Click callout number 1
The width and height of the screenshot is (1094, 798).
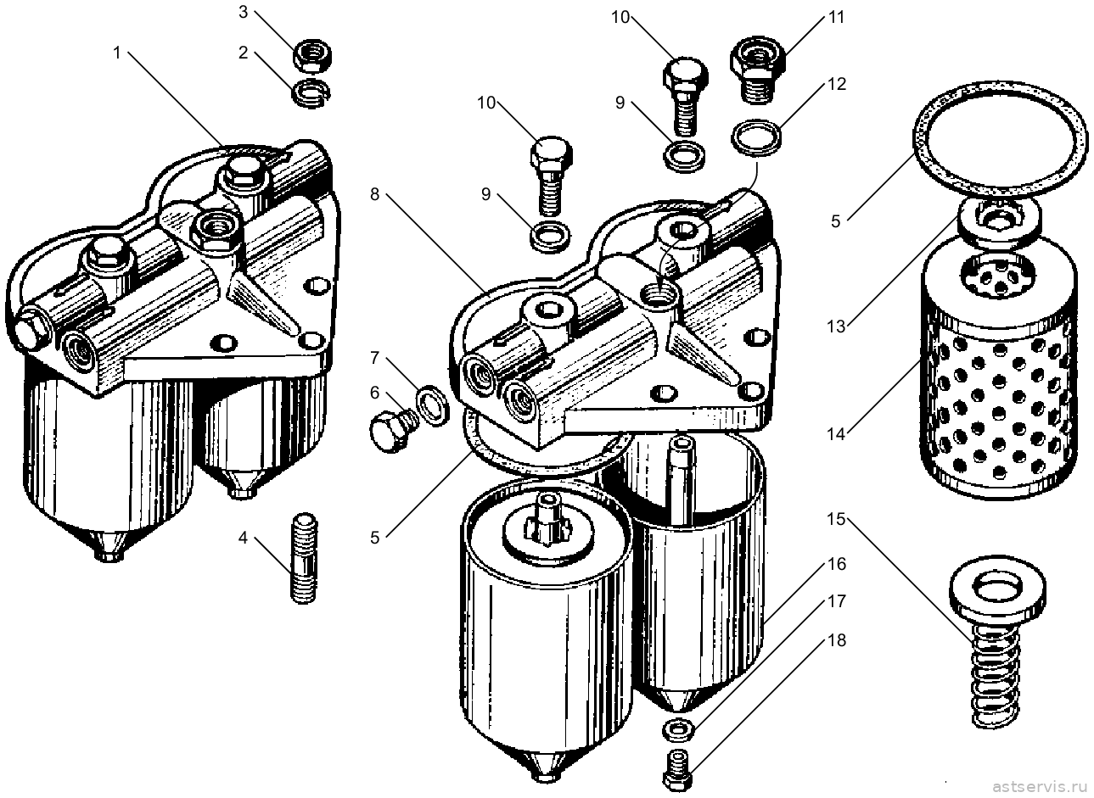(x=117, y=53)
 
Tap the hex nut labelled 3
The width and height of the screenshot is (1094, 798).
(x=313, y=56)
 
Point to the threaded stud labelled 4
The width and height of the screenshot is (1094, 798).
(x=305, y=558)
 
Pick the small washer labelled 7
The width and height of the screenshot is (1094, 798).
(x=432, y=405)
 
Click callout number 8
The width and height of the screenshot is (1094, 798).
(x=374, y=194)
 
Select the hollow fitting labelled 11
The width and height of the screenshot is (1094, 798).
(x=758, y=69)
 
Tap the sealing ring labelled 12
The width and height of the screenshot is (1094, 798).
(x=756, y=137)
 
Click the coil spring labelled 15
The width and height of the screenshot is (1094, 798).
(x=996, y=678)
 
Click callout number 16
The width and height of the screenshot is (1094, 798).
(x=837, y=564)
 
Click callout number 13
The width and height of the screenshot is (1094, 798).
(x=836, y=326)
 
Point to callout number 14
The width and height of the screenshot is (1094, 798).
(x=836, y=433)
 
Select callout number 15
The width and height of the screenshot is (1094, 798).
(x=836, y=519)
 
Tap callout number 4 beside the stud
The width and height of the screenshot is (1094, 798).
(x=243, y=538)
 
